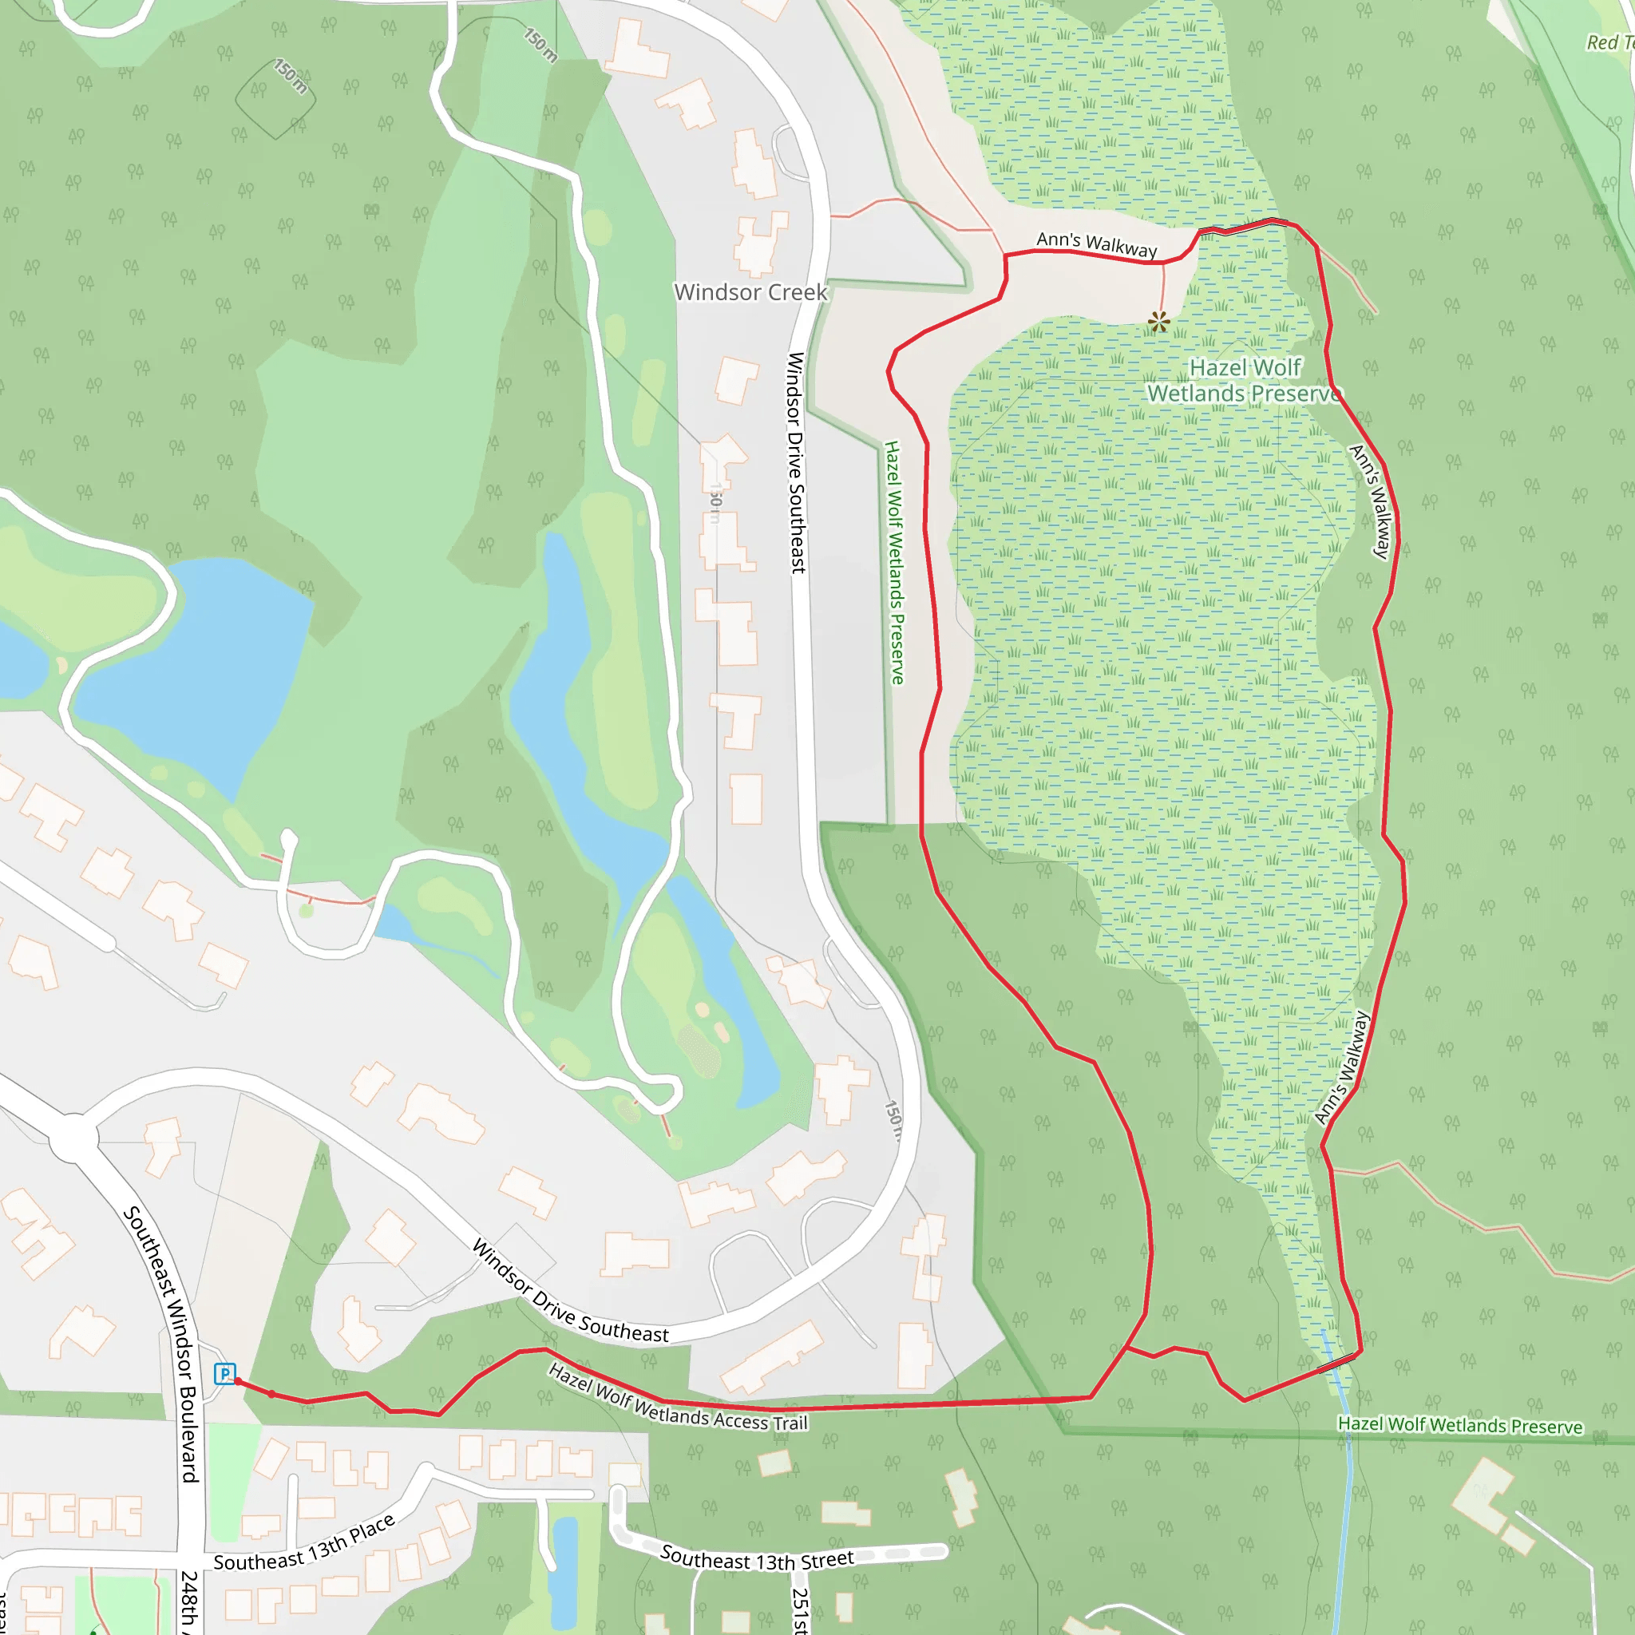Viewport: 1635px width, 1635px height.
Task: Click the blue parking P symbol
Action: (224, 1372)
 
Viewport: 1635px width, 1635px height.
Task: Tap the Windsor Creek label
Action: (750, 292)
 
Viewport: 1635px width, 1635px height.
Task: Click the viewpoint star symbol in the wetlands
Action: (1158, 322)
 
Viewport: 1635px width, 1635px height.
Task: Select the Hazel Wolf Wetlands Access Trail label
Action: (678, 1397)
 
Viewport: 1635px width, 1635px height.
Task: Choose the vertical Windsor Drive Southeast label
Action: (796, 462)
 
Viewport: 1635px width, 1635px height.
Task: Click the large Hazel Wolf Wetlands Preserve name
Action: (1244, 380)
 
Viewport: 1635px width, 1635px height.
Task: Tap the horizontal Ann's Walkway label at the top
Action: (1096, 243)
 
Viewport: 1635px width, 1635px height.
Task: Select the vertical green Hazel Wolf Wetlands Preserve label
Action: (893, 562)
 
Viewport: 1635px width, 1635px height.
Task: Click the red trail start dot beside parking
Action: (239, 1381)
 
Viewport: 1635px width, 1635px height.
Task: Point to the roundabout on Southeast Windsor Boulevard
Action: (74, 1139)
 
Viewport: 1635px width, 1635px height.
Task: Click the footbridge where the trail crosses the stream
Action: (1336, 1362)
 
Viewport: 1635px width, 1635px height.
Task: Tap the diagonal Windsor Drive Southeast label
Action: (569, 1292)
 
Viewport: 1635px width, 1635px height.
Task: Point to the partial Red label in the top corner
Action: (1609, 42)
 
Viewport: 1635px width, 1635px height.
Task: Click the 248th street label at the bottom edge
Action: (189, 1604)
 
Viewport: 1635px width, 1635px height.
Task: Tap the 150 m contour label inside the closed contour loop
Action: (291, 76)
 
